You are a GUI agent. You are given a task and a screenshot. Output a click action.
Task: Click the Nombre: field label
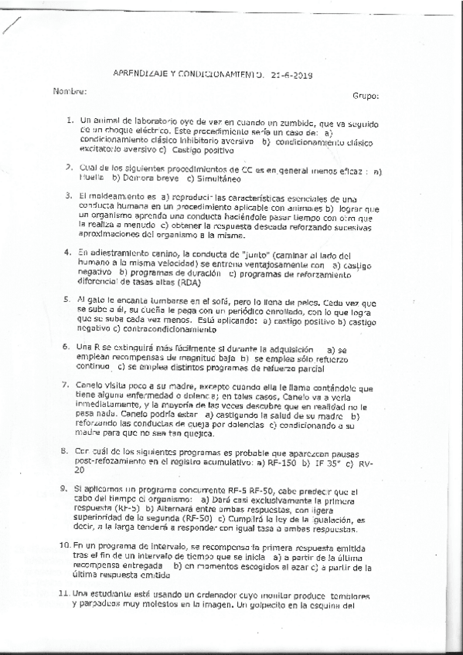(x=70, y=92)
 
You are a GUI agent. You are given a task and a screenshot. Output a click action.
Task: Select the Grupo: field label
(x=366, y=97)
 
